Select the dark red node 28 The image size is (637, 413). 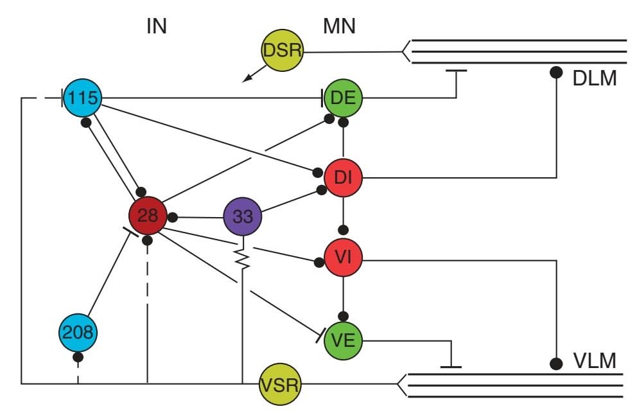click(148, 216)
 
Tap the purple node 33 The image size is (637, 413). click(243, 216)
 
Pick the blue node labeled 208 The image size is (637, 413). click(78, 333)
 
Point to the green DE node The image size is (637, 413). click(344, 99)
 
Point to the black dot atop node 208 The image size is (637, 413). click(78, 356)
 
